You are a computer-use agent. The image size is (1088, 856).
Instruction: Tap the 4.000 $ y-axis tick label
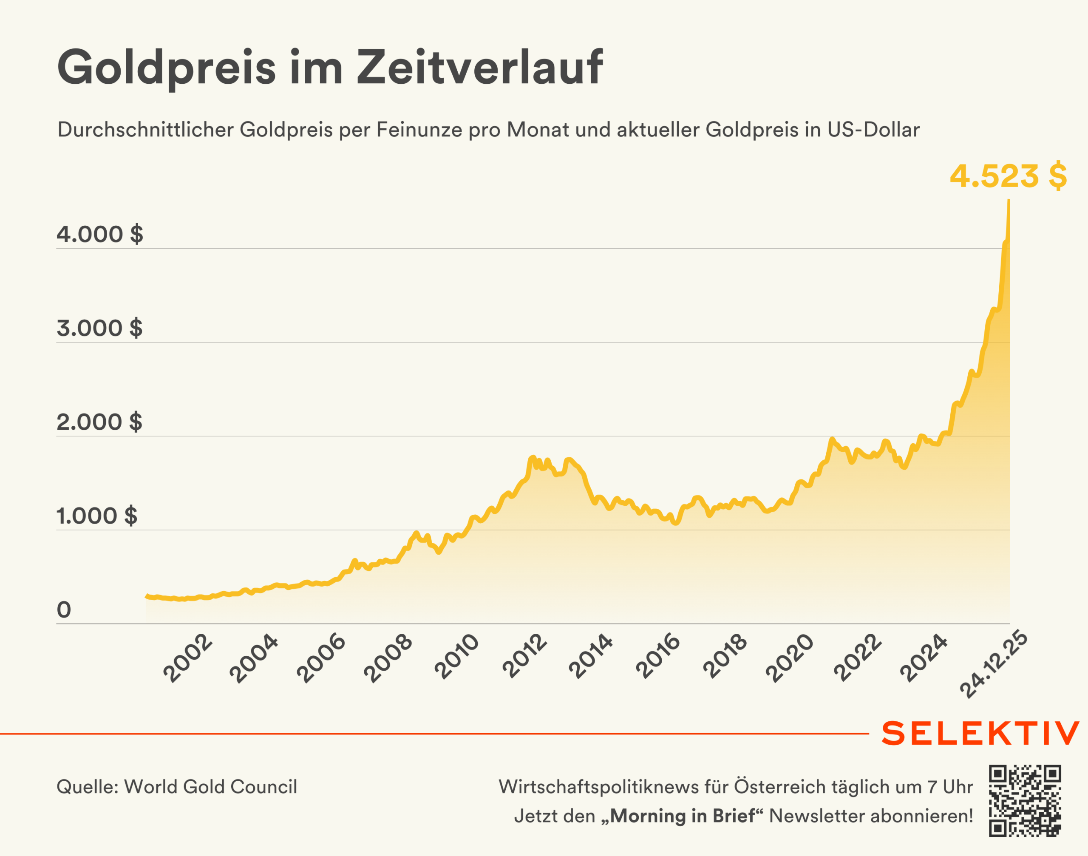100,234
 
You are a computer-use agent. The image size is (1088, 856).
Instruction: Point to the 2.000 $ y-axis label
100,422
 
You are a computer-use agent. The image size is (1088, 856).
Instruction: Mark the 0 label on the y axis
64,610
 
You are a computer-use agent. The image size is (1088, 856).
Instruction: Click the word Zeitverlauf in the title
479,67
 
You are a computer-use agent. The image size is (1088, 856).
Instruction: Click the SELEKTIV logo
980,734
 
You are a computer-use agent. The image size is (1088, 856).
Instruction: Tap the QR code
1025,801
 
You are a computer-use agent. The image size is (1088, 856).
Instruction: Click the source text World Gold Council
210,787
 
